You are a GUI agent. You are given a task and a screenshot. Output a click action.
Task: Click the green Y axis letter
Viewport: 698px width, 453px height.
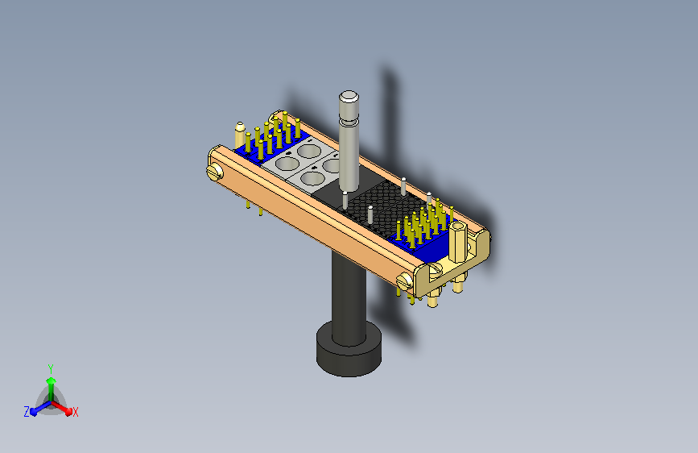point(51,368)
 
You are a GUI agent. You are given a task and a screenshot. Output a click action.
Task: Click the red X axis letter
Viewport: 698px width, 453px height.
point(75,413)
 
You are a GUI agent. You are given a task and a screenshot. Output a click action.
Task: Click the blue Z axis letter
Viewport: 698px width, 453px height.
point(27,412)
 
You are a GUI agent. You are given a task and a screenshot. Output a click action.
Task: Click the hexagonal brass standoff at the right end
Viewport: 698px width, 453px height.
point(457,242)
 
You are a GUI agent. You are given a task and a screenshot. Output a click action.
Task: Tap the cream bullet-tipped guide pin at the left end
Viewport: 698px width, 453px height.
point(240,135)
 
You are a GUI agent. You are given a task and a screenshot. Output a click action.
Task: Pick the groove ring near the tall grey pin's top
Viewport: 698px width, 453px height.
point(349,120)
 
